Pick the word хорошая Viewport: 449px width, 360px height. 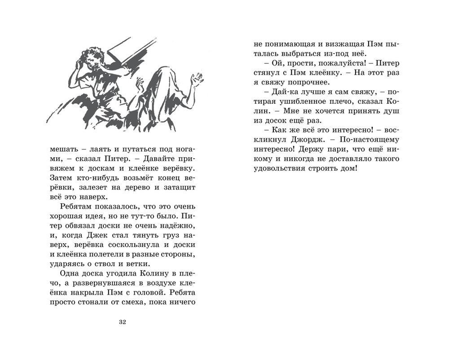tap(69, 218)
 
